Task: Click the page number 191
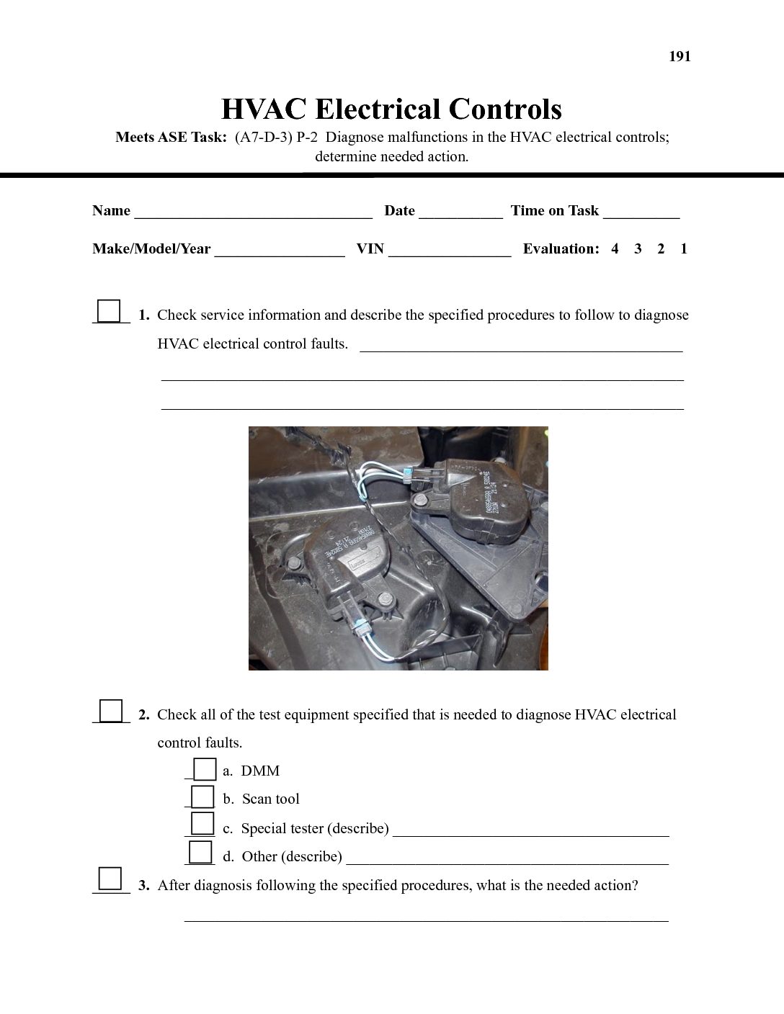click(680, 57)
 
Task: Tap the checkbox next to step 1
click(109, 311)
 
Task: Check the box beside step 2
click(110, 711)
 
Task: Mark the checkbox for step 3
click(110, 879)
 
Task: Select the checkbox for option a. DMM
click(205, 770)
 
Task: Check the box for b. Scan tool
click(203, 797)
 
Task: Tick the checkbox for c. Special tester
click(203, 823)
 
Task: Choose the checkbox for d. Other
click(200, 852)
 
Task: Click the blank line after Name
click(253, 212)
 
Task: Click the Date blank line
click(460, 212)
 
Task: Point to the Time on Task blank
click(641, 212)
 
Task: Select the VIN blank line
click(450, 251)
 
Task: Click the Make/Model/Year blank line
click(279, 251)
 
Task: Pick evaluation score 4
click(615, 249)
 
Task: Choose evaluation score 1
click(684, 249)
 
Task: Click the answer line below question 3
click(426, 917)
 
